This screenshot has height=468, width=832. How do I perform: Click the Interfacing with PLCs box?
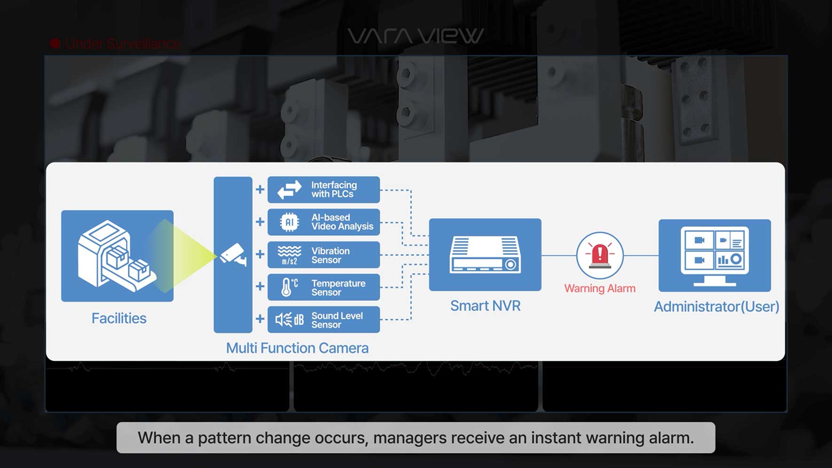click(323, 189)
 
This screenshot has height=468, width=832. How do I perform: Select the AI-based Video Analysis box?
click(323, 222)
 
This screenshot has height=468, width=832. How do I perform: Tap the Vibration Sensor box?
click(323, 255)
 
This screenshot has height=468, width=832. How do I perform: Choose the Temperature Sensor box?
click(323, 287)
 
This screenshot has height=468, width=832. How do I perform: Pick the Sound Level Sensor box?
click(323, 320)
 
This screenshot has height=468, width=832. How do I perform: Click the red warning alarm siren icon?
click(600, 255)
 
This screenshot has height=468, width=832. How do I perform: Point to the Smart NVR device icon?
click(485, 254)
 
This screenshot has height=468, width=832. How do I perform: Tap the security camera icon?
click(233, 255)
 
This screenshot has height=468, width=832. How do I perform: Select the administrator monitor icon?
click(714, 255)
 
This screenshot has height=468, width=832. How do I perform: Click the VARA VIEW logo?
click(416, 36)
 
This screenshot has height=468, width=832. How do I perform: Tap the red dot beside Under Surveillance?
click(55, 44)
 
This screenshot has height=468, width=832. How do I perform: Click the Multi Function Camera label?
click(297, 348)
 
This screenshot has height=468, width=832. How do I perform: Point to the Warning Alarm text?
click(600, 289)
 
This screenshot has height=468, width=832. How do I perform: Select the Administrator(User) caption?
click(716, 307)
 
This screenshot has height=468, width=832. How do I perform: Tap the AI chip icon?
click(289, 222)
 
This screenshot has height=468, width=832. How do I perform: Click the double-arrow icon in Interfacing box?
click(289, 190)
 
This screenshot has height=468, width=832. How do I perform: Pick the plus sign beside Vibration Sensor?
click(260, 254)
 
